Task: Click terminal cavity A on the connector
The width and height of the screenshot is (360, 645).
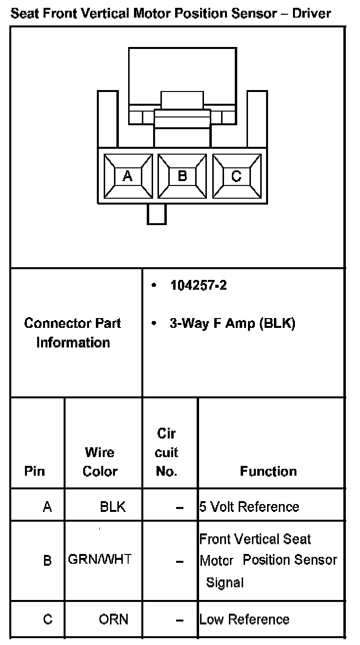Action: pyautogui.click(x=127, y=176)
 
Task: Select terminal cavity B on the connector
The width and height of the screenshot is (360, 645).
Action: pyautogui.click(x=182, y=176)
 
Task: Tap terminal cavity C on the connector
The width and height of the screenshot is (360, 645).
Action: pyautogui.click(x=236, y=176)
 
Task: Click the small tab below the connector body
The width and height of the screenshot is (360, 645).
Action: pyautogui.click(x=157, y=214)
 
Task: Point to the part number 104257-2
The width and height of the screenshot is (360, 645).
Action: pyautogui.click(x=198, y=285)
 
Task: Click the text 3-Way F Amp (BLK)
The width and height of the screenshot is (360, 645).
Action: pyautogui.click(x=232, y=323)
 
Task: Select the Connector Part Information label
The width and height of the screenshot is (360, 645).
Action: pyautogui.click(x=73, y=333)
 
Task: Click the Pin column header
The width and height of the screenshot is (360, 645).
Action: pyautogui.click(x=34, y=471)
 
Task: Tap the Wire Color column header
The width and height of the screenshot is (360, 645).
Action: pyautogui.click(x=100, y=461)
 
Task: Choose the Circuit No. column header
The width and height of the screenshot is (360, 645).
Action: pyautogui.click(x=166, y=453)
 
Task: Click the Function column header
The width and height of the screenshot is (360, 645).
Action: pyautogui.click(x=268, y=471)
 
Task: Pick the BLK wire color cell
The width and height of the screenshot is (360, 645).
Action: pyautogui.click(x=112, y=507)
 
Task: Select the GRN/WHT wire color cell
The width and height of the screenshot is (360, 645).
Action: pyautogui.click(x=100, y=559)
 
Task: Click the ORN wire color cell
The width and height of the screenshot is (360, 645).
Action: pyautogui.click(x=113, y=620)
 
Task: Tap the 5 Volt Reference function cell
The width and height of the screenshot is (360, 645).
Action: pyautogui.click(x=249, y=507)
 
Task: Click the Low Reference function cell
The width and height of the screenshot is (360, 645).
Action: pyautogui.click(x=244, y=620)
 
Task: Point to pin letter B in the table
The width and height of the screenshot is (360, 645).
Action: pyautogui.click(x=47, y=560)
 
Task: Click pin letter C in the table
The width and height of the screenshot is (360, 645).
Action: pyautogui.click(x=47, y=620)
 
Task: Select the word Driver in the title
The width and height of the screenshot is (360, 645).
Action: pyautogui.click(x=312, y=13)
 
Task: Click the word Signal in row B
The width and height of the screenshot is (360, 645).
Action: pyautogui.click(x=225, y=583)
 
